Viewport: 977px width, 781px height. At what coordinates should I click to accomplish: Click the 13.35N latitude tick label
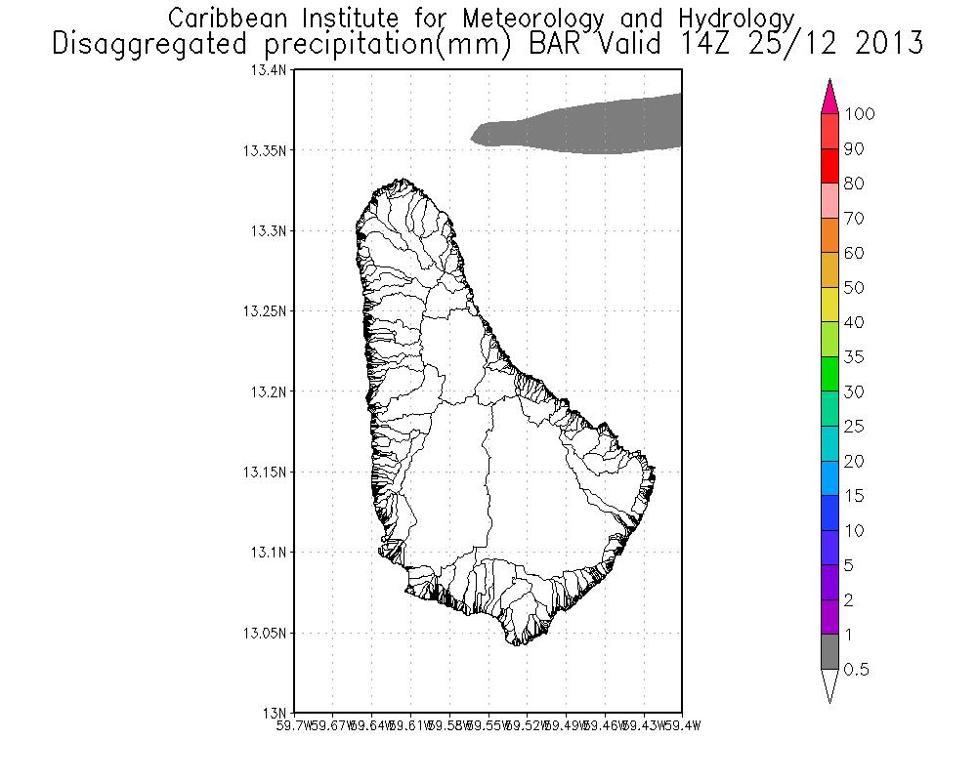(268, 151)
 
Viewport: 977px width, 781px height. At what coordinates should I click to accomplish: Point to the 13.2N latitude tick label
(271, 392)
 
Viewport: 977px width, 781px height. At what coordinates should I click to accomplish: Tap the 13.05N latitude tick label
(268, 634)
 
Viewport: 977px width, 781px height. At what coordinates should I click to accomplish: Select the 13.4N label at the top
(271, 71)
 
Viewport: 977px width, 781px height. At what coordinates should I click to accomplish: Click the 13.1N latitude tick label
(271, 553)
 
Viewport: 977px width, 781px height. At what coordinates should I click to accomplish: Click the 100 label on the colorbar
(860, 114)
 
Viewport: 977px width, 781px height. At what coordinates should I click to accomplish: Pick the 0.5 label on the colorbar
(857, 670)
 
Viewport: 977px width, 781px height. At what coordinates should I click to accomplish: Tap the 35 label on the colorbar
(854, 357)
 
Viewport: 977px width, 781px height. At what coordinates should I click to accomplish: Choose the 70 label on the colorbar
(854, 219)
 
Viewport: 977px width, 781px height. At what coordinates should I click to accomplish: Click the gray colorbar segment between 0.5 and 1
(829, 652)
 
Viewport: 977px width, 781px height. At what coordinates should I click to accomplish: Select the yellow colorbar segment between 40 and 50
(829, 305)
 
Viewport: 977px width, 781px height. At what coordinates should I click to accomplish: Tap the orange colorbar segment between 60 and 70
(829, 235)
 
